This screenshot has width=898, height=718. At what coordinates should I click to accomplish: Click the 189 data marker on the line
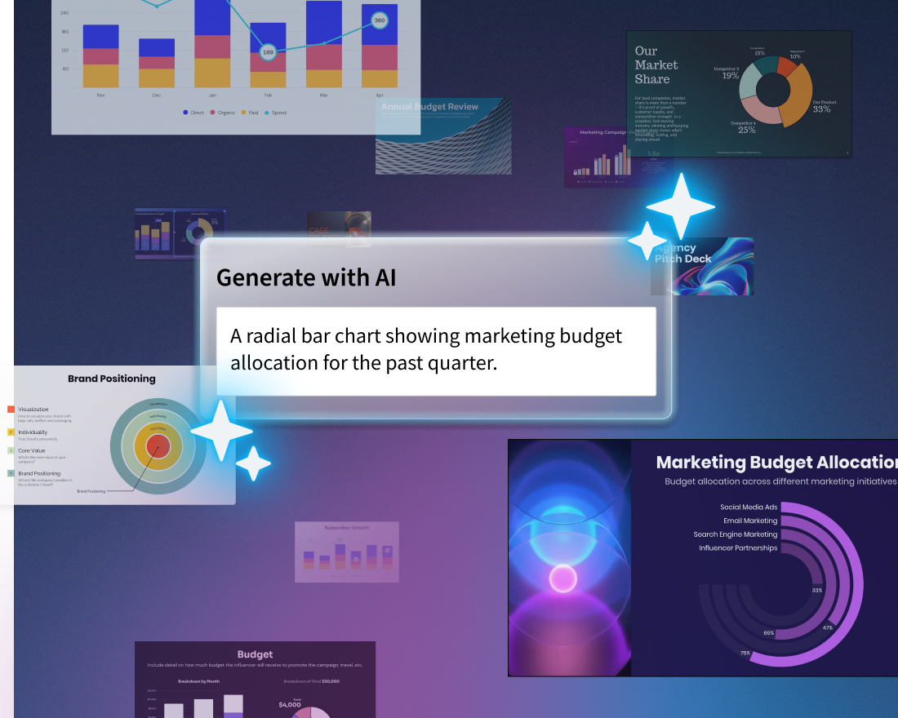tap(268, 52)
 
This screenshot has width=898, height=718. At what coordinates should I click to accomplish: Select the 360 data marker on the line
tap(379, 20)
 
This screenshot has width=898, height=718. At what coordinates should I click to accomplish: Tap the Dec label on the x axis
tap(157, 95)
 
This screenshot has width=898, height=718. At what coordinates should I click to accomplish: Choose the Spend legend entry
tap(275, 113)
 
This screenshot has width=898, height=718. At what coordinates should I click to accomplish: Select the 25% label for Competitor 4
tap(746, 129)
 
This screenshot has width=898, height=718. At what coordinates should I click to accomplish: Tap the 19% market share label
tap(730, 76)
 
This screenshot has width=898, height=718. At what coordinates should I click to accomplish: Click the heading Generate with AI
tap(306, 277)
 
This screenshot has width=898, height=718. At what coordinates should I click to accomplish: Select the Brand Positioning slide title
tap(111, 379)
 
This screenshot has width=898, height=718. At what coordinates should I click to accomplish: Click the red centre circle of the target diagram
tap(158, 445)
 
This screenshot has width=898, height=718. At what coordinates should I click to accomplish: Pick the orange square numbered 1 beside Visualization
tap(11, 410)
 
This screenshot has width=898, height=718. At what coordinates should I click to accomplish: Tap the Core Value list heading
tap(33, 450)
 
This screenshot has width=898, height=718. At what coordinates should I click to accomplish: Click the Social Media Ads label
tap(749, 507)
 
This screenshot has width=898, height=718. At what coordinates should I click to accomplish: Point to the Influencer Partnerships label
tap(738, 548)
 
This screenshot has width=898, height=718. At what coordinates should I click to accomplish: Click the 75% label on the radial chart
tap(745, 654)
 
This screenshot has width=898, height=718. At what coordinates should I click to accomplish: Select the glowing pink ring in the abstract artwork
tap(563, 578)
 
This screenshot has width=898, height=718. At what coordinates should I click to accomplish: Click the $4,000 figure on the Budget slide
tap(290, 705)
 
